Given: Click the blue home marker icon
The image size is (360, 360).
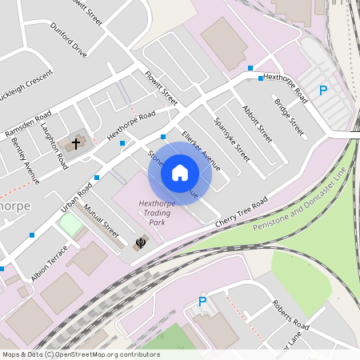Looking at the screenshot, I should point(180,173).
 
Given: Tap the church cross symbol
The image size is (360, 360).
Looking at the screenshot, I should point(76,144).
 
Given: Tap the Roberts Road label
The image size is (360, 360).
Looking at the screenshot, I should point(289,314).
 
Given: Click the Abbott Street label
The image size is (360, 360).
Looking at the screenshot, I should point(257,124).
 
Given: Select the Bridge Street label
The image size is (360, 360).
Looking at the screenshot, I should point(289,116).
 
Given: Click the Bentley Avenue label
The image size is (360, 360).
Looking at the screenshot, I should point(25,159).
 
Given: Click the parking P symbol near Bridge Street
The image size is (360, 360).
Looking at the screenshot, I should point(323,91).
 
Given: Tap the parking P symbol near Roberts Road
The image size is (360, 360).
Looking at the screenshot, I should point(202,302).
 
